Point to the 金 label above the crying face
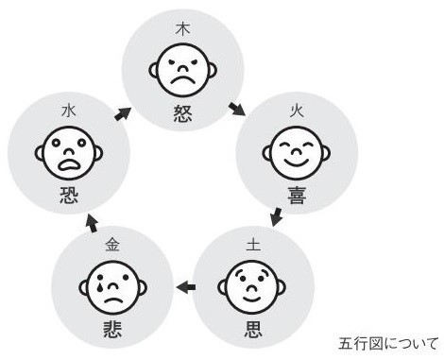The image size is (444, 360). tap(113, 245)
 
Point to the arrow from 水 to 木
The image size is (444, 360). tap(122, 114)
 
